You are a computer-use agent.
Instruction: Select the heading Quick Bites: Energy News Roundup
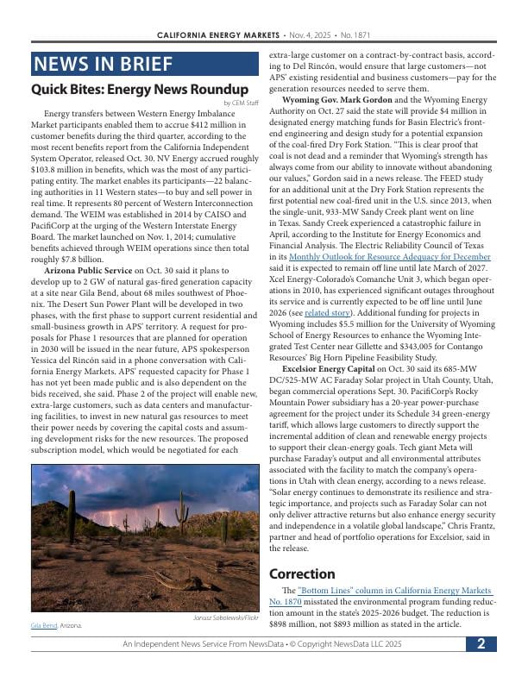[140, 90]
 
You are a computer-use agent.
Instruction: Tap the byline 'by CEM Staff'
[240, 103]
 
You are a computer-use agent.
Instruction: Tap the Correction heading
[302, 573]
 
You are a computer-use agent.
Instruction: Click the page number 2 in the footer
[481, 644]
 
